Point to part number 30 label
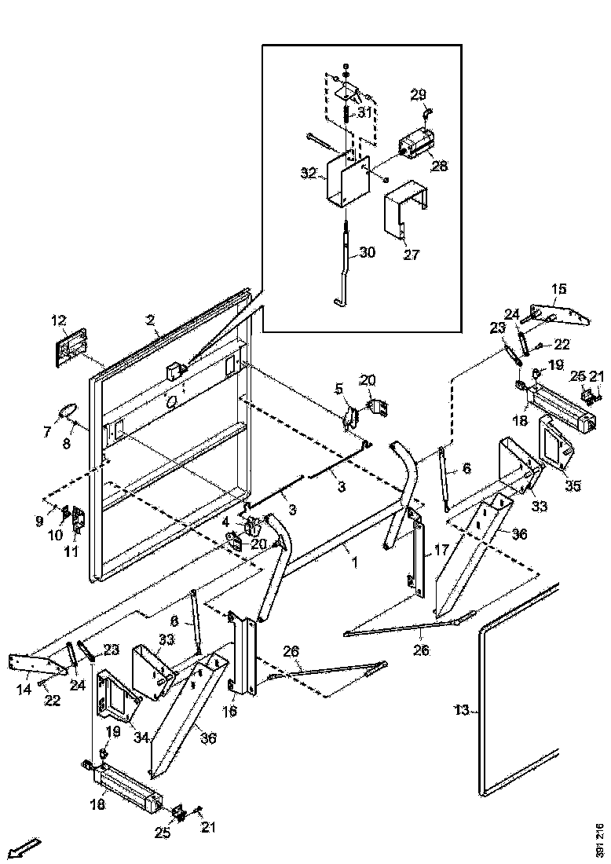pos(368,253)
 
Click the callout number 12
pos(60,320)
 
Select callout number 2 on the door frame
pos(151,320)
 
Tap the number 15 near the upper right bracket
pos(558,289)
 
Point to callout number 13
pos(462,710)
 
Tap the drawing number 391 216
pos(600,840)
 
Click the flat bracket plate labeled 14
pos(35,664)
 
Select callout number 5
pos(340,388)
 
